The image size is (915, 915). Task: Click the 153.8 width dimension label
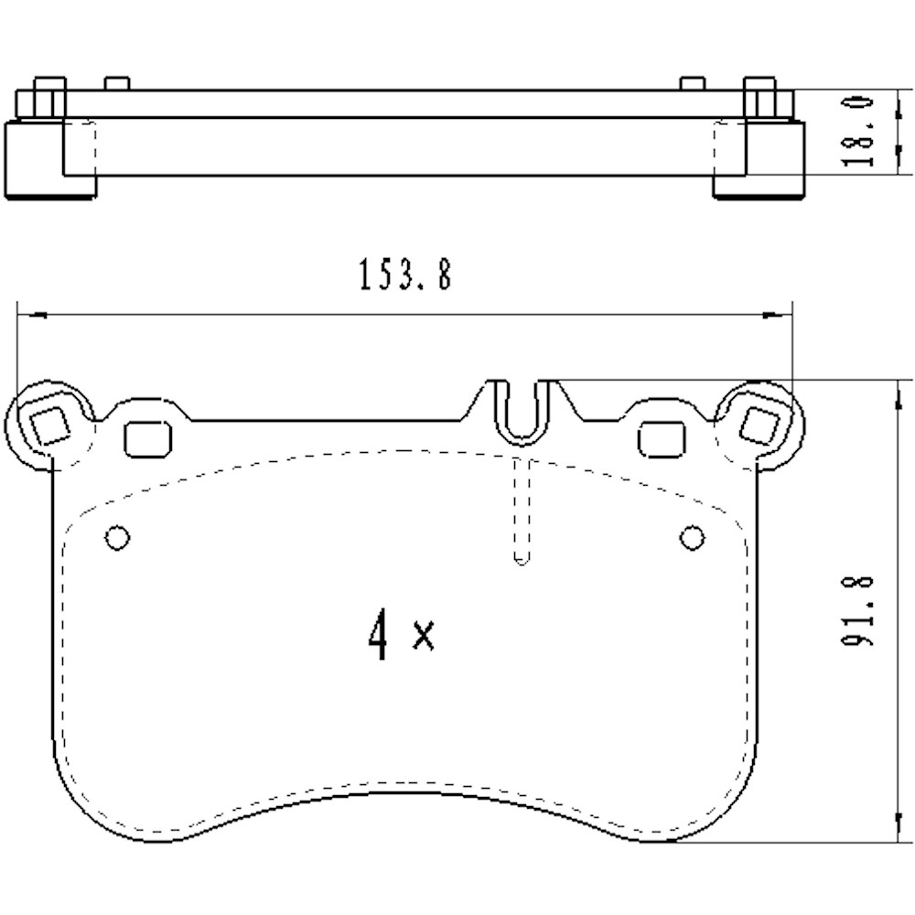pyautogui.click(x=405, y=274)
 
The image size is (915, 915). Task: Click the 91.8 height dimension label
pyautogui.click(x=857, y=611)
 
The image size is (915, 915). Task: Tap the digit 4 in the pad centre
pyautogui.click(x=378, y=637)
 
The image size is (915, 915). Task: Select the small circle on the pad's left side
pyautogui.click(x=117, y=538)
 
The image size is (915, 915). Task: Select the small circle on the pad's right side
pyautogui.click(x=693, y=538)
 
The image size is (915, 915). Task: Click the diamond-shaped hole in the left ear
pyautogui.click(x=49, y=425)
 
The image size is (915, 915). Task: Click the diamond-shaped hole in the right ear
pyautogui.click(x=759, y=425)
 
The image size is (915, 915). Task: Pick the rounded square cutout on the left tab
pyautogui.click(x=147, y=439)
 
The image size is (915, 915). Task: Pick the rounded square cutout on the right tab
pyautogui.click(x=661, y=439)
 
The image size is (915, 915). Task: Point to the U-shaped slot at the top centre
pyautogui.click(x=520, y=412)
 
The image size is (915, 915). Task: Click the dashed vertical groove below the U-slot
pyautogui.click(x=521, y=512)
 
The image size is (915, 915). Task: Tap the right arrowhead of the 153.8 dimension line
pyautogui.click(x=776, y=316)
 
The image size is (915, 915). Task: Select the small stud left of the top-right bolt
pyautogui.click(x=693, y=83)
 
